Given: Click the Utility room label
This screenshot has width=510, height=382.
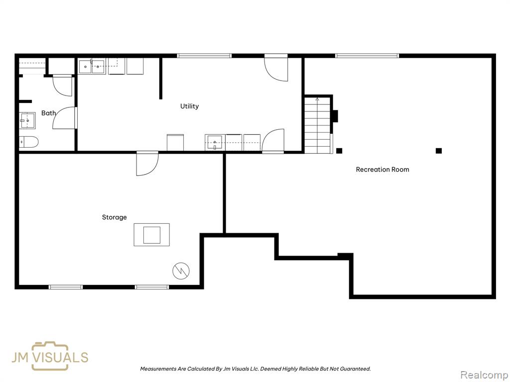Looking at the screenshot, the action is coord(189,106).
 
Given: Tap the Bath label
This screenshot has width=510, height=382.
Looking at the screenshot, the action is coord(48,113).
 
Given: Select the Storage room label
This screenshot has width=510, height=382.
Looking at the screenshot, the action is coord(114,217).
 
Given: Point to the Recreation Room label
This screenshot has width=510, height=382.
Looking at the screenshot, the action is coord(382,169).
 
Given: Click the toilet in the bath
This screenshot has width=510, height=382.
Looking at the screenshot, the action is coord(28,142).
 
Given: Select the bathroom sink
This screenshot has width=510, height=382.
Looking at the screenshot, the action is coord(27,120).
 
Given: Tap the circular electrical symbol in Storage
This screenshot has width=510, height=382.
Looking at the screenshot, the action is coord(181,271).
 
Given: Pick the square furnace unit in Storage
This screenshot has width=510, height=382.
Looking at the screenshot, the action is coord(151,235).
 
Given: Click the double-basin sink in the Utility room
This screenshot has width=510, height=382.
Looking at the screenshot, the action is coord(92,67).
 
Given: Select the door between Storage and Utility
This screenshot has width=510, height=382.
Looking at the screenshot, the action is coord(147,163).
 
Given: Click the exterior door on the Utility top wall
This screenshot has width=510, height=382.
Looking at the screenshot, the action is coord(276,68).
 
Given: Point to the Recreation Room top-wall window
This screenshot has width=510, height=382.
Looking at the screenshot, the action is coord(367,56).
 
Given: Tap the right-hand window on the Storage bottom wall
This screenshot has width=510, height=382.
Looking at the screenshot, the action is coord(152,287).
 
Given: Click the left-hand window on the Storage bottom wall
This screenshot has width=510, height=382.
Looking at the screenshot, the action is coord(66,287).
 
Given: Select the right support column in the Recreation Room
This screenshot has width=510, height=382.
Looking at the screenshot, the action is coord(439,151).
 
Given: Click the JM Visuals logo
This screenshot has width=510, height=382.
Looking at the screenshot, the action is coord(50,356).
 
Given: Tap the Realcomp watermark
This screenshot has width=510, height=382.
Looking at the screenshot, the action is coord(485,375).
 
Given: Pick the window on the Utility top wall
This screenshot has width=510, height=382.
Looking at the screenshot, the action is coord(204,56).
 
